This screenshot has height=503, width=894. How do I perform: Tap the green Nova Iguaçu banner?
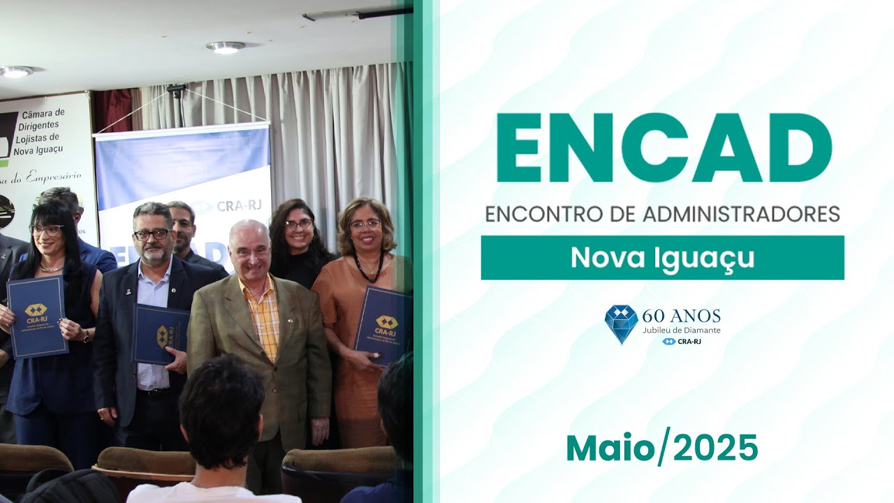pos(662,258)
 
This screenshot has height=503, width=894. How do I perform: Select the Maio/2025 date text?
pos(661,448)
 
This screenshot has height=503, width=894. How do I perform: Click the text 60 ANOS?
pos(681,316)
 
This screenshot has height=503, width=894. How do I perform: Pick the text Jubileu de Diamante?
pos(681,330)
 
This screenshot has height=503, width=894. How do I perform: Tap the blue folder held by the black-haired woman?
pos(36,316)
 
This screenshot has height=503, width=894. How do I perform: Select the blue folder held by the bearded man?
pos(160,334)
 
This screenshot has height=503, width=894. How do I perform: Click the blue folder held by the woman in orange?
pos(383,325)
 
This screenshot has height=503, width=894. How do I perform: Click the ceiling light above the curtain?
pos(225,48)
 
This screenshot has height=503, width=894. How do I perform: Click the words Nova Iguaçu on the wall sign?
pos(43,149)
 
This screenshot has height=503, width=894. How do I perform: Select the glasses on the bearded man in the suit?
pos(152,234)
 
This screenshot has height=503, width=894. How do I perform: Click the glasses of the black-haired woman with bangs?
pos(46,230)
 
